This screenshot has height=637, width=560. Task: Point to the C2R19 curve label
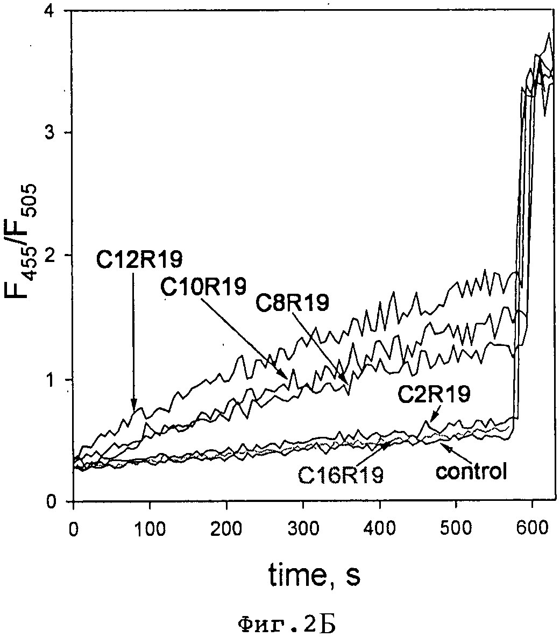click(434, 395)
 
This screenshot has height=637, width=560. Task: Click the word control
click(471, 472)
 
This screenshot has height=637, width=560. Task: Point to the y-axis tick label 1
click(55, 380)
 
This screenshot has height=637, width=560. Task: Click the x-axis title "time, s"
click(314, 576)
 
